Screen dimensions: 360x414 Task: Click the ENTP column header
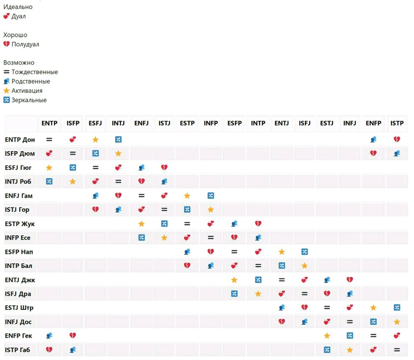point(49,123)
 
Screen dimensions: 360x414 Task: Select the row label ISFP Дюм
point(20,154)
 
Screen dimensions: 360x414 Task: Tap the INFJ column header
point(350,123)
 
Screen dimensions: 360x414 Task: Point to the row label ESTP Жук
point(20,224)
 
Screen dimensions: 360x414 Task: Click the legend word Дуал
point(19,16)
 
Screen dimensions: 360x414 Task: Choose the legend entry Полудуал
point(25,44)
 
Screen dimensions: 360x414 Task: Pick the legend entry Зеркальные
point(29,100)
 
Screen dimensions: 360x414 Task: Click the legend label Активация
point(27,91)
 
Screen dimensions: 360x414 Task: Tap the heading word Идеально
point(18,7)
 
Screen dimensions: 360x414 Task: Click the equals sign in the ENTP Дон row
point(49,140)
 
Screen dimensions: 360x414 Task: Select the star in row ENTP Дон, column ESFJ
point(96,140)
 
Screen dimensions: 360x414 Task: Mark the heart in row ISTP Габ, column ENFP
point(373,350)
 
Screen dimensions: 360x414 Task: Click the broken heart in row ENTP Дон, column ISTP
point(397,140)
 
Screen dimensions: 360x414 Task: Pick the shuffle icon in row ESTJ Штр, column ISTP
point(397,307)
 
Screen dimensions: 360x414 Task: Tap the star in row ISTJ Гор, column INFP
point(211,210)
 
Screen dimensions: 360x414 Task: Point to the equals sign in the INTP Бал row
point(258,266)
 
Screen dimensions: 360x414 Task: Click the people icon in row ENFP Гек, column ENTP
point(49,336)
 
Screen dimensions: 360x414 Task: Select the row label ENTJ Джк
point(20,280)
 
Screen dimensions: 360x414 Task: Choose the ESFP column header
point(234,123)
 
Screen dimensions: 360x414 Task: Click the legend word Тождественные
point(35,72)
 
